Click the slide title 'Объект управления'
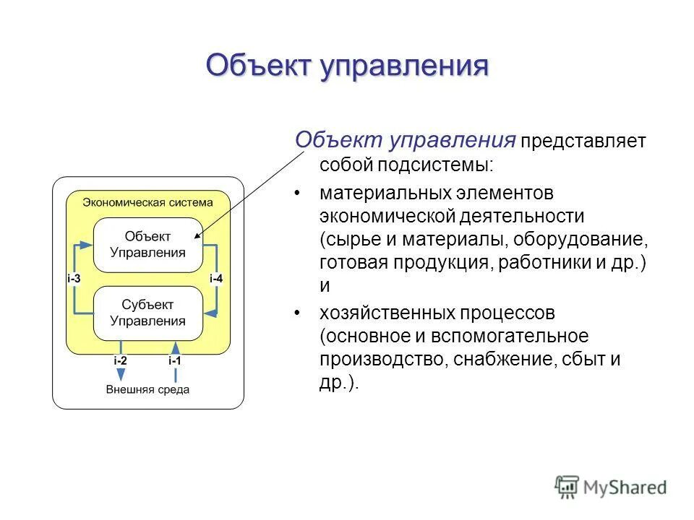pyautogui.click(x=347, y=66)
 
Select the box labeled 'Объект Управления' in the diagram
pyautogui.click(x=147, y=245)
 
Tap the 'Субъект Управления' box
pyautogui.click(x=147, y=313)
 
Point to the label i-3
pyautogui.click(x=74, y=279)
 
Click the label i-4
pyautogui.click(x=216, y=279)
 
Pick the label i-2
pyautogui.click(x=120, y=360)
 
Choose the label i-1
pyautogui.click(x=175, y=360)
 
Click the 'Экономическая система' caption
pyautogui.click(x=147, y=202)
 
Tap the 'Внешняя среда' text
pyautogui.click(x=147, y=390)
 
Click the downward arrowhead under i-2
pyautogui.click(x=121, y=375)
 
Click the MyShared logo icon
pyautogui.click(x=567, y=487)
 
